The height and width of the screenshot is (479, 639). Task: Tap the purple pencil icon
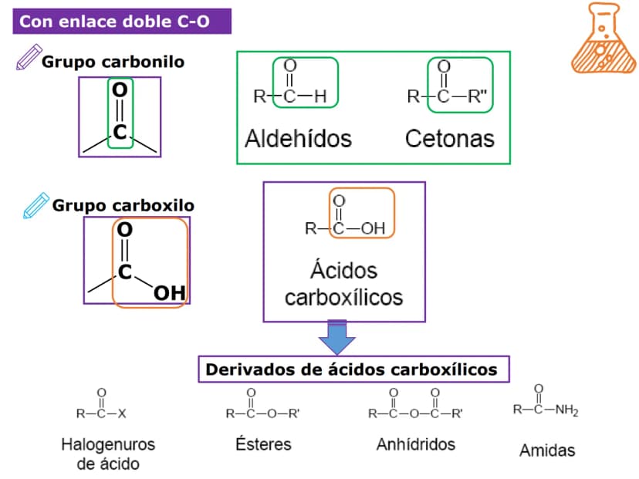(29, 57)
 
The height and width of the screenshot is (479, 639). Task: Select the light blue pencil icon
(35, 206)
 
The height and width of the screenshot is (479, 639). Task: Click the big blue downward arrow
(337, 337)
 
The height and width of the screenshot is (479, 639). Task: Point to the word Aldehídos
(299, 139)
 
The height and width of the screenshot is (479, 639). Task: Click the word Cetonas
(450, 139)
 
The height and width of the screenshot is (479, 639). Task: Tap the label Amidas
(547, 450)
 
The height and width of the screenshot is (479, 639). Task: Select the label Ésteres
(263, 444)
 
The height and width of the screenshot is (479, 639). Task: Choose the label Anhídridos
(416, 444)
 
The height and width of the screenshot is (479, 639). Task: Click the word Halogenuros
(108, 444)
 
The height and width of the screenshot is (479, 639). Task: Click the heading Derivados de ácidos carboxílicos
(351, 369)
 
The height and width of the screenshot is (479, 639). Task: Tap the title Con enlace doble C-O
(114, 21)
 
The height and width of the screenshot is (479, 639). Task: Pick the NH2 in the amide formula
(567, 410)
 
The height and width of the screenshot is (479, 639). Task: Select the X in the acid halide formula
(122, 414)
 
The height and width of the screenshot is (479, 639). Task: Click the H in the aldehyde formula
(320, 96)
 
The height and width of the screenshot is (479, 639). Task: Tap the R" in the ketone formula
(477, 96)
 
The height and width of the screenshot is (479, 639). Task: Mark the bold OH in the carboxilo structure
(170, 293)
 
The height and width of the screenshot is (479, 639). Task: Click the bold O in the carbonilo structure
(120, 90)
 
